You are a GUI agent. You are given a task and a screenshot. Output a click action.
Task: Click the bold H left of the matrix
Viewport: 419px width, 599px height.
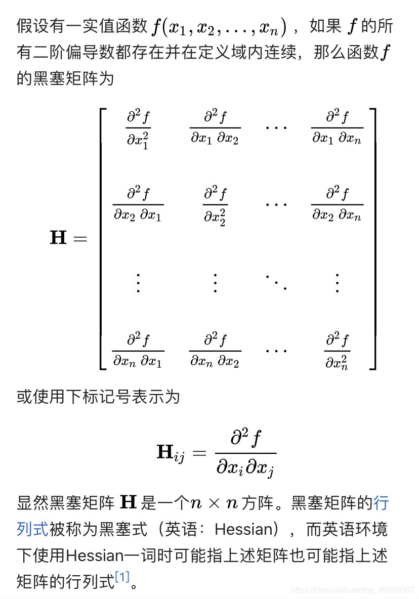(x=58, y=237)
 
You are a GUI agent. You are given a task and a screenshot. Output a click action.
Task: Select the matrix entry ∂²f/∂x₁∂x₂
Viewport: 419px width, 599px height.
(x=215, y=127)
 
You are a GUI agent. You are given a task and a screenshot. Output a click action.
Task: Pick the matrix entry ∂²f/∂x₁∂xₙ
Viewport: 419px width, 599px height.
(x=337, y=127)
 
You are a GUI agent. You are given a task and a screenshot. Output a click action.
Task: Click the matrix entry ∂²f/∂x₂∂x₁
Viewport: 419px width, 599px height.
(x=138, y=204)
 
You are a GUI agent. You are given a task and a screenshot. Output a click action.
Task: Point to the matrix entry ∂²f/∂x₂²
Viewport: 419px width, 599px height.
(x=215, y=204)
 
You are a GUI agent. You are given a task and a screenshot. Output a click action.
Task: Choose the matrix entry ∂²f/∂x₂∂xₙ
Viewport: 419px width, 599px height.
(x=337, y=204)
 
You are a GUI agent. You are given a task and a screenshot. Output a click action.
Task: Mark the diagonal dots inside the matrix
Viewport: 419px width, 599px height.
(x=276, y=281)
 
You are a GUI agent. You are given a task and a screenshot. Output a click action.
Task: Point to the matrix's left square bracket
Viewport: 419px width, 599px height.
(x=103, y=238)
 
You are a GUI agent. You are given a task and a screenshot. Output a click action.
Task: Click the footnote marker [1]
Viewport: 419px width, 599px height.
(x=122, y=577)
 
